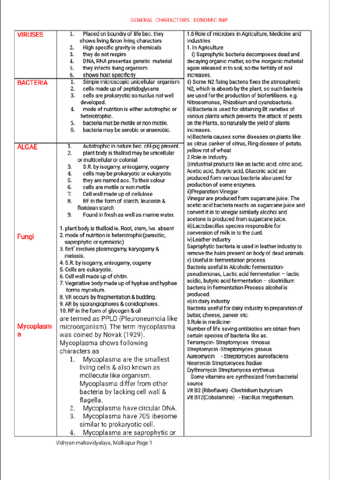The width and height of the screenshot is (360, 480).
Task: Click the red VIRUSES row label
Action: point(30,35)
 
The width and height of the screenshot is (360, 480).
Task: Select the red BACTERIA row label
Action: point(32,82)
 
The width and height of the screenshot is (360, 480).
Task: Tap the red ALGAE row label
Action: point(27,147)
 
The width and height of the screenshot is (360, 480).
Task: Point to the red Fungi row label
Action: point(25,237)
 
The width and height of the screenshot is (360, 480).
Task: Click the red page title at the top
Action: point(179,21)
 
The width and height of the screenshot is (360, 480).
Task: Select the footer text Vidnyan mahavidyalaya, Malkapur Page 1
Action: point(104,442)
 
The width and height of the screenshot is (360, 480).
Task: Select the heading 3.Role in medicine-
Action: point(209,322)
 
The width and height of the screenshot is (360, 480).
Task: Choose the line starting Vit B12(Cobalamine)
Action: point(240,397)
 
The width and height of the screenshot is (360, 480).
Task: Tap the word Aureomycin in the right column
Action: point(201,356)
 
